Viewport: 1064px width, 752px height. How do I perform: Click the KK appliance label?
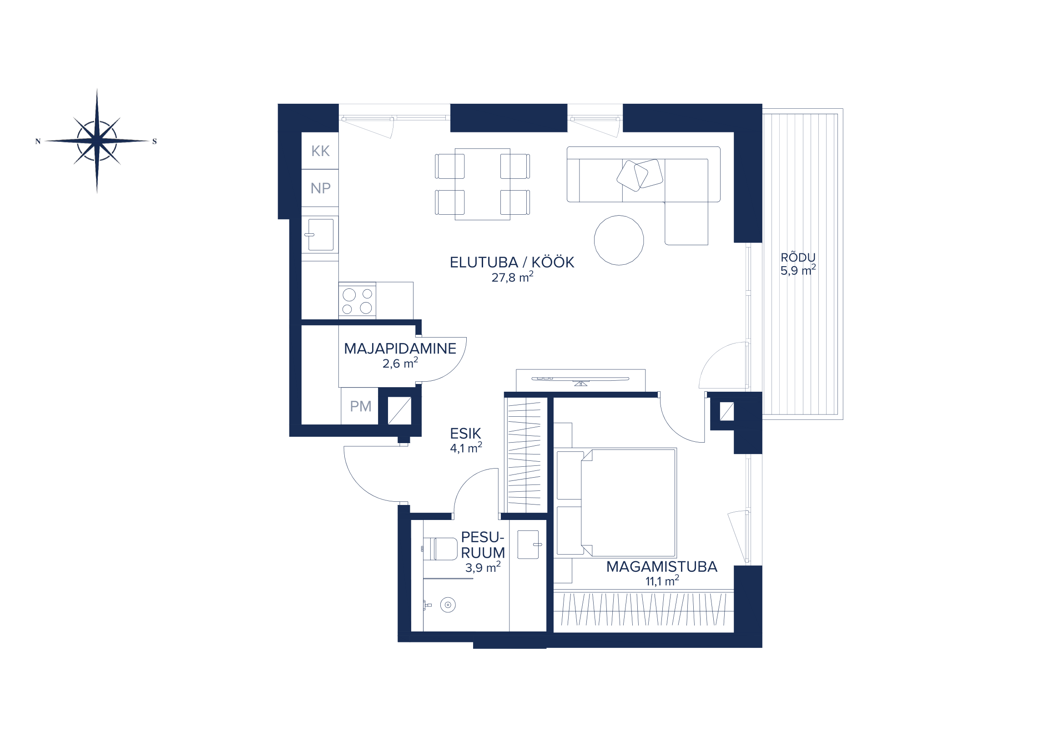[320, 151]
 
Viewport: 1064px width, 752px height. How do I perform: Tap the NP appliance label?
[320, 189]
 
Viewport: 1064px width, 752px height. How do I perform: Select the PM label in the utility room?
[361, 406]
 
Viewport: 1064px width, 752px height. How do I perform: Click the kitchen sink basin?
[321, 234]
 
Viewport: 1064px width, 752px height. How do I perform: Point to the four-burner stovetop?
[357, 301]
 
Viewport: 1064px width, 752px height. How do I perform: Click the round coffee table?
[619, 240]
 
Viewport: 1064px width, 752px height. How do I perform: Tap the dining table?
[482, 184]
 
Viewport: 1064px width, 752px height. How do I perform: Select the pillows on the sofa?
[640, 175]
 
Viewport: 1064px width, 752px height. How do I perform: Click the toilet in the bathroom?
[440, 549]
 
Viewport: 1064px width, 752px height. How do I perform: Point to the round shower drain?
[448, 605]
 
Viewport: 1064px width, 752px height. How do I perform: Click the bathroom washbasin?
[529, 545]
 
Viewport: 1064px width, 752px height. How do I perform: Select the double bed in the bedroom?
[616, 502]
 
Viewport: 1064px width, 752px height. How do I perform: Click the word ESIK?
[465, 434]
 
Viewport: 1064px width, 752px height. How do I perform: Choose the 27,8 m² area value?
[512, 277]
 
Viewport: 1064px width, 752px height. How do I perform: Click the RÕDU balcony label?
[797, 257]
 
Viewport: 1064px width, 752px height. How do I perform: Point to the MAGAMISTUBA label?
[661, 567]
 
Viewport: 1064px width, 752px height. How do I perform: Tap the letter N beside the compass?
[38, 141]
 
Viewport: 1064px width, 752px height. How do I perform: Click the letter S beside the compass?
[154, 141]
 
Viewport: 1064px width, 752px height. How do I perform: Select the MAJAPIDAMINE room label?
[400, 348]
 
